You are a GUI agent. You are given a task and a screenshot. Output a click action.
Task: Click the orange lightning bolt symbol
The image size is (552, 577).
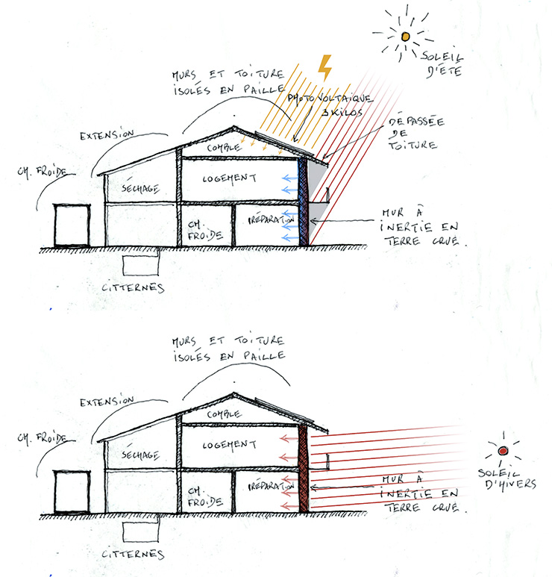click(325, 67)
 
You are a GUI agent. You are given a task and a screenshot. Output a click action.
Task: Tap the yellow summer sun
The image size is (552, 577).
click(405, 36)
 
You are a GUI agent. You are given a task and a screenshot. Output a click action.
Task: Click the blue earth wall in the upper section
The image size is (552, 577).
click(303, 202)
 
